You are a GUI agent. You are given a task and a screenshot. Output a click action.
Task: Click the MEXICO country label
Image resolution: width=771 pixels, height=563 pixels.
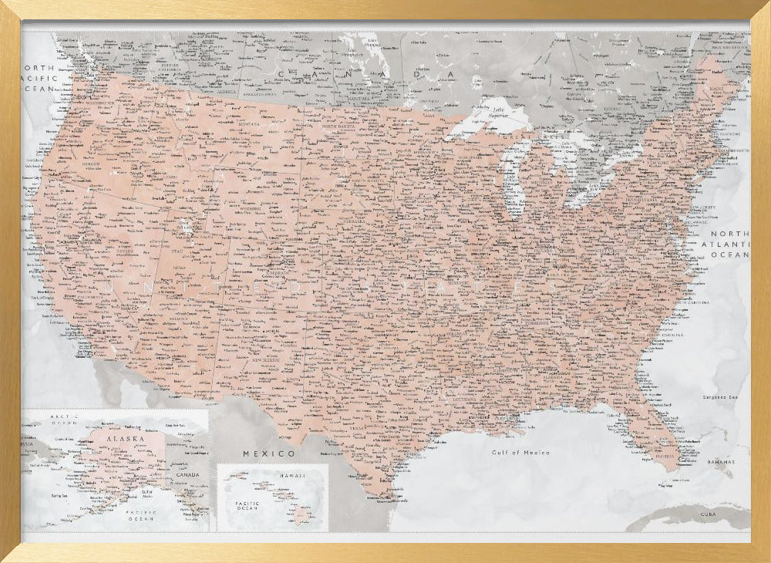(269, 453)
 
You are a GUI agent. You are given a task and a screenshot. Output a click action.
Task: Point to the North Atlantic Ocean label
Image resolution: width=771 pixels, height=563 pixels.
(729, 244)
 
